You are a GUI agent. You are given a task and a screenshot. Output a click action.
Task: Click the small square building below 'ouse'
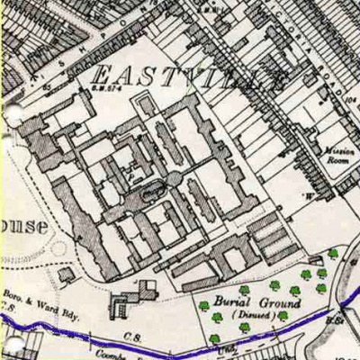tap(65, 274)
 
